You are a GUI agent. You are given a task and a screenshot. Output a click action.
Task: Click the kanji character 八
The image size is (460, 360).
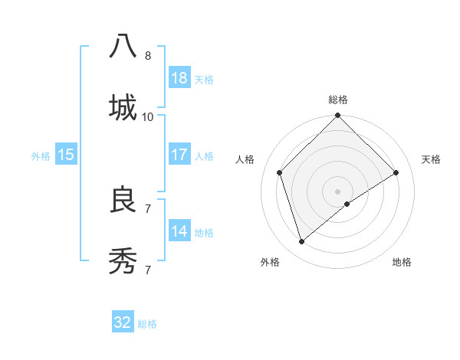123,46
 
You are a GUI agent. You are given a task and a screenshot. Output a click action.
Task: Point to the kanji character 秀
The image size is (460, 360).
123,260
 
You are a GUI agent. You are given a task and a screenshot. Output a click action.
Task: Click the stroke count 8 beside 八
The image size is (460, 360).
148,56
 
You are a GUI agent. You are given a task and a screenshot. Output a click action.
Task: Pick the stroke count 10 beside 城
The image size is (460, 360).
148,117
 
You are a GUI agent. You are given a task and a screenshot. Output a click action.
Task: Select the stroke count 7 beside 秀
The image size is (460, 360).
148,270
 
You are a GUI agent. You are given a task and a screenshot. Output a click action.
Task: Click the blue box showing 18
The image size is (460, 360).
179,78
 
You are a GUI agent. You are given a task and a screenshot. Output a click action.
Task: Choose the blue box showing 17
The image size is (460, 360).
179,155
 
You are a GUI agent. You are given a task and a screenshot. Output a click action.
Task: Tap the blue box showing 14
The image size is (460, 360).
179,231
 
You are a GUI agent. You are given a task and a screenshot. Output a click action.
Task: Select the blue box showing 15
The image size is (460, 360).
66,155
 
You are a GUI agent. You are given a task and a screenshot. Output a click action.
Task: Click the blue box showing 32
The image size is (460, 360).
123,322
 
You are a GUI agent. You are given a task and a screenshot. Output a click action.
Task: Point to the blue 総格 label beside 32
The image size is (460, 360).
148,324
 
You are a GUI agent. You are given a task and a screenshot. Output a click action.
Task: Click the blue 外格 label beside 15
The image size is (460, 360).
41,156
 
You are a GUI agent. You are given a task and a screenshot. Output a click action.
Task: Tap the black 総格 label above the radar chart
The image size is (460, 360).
338,100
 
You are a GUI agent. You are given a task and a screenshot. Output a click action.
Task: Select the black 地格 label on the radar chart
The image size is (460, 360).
402,263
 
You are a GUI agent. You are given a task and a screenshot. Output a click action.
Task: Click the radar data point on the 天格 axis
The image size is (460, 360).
396,172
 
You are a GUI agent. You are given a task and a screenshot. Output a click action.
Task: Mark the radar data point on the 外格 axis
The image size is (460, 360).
302,241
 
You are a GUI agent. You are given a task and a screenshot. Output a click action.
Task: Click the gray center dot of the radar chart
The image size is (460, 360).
338,191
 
